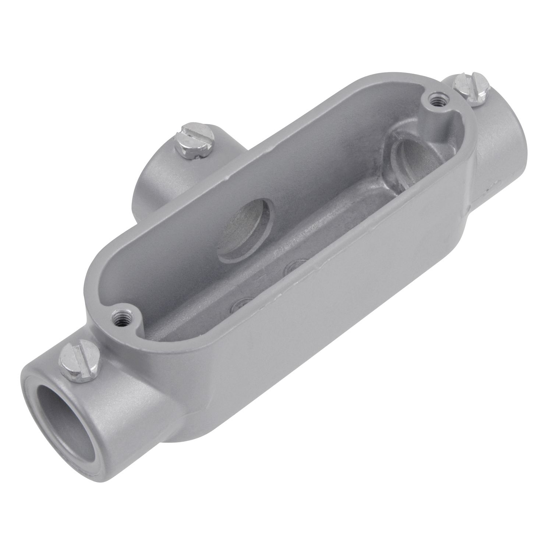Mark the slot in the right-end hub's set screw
(472, 88)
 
